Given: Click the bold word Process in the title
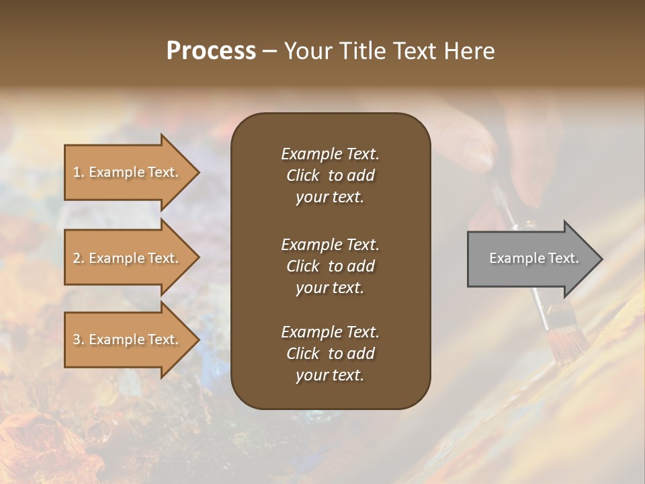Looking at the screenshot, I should (211, 51).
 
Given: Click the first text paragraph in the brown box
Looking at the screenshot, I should (330, 175).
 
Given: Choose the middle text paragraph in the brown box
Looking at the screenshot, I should (330, 266).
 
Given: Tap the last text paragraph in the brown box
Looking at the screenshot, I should (330, 354).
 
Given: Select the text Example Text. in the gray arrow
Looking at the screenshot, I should (533, 258).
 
